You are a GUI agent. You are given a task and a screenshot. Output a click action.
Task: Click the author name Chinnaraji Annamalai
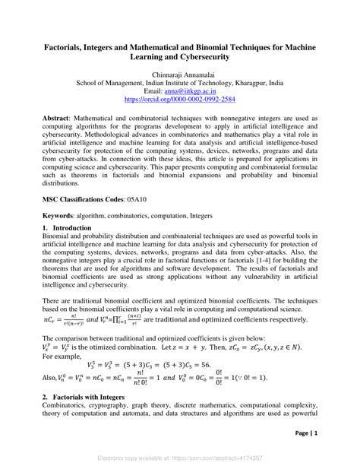click(179, 75)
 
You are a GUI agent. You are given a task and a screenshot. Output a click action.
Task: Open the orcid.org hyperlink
click(179, 100)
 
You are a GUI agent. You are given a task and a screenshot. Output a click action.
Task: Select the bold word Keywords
click(62, 216)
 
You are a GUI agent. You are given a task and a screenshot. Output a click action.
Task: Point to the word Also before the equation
click(51, 378)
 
